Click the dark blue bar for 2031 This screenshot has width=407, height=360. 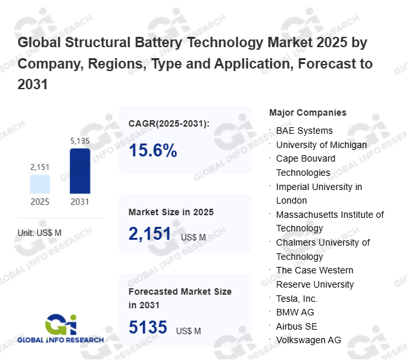80,171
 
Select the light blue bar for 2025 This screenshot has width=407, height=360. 40,184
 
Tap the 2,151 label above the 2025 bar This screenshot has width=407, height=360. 40,167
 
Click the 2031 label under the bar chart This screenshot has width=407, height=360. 80,202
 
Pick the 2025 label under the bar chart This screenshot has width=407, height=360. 40,202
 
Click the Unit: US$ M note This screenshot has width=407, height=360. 39,233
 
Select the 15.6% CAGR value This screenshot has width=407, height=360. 153,151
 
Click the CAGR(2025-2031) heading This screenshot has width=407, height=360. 169,123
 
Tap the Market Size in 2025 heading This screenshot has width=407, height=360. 171,212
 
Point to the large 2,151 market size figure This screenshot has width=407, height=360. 150,234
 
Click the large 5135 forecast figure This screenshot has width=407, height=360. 148,328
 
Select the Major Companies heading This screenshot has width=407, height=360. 308,112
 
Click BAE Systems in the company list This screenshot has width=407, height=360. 304,131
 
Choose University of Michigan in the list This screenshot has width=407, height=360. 321,145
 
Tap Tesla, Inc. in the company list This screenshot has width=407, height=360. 297,299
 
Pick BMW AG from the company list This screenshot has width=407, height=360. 295,312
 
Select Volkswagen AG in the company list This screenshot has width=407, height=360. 308,340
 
